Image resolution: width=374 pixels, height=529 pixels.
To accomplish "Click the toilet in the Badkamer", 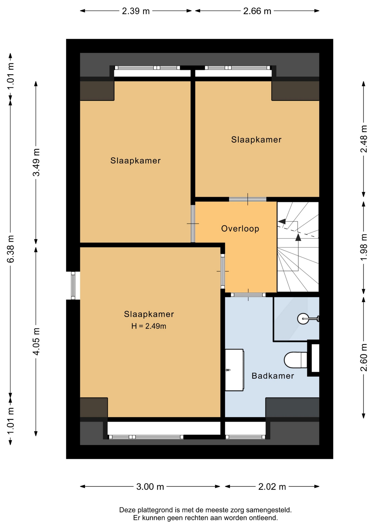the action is coord(296,360).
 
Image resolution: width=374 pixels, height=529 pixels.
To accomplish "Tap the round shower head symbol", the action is coord(303,319).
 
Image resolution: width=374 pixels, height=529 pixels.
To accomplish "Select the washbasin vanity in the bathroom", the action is coord(234,370).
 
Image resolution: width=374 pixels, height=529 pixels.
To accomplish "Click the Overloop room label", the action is coord(240,229).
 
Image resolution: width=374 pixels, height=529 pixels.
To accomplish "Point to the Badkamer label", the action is coord(273,376).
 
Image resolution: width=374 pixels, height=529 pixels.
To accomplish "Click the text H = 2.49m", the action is coord(149,326).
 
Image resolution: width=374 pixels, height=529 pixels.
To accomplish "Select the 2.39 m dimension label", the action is coord(136,11).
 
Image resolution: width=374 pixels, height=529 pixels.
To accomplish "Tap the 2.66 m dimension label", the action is coord(257,11).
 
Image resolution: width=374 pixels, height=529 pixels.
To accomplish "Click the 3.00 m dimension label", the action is coord(150,487).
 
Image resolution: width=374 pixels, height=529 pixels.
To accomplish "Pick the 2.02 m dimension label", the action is coord(272,487).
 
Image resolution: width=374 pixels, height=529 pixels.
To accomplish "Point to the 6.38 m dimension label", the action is coord(10,249).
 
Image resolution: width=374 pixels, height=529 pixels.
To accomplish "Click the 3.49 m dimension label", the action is coord(36,162).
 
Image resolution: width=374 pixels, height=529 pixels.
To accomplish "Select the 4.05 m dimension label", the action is coord(36,341).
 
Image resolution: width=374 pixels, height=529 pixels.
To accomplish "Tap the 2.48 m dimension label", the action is coord(364,139).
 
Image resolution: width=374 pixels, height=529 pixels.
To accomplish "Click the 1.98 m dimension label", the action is coord(364,247).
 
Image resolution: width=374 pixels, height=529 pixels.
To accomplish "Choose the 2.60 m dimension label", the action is coord(364,357).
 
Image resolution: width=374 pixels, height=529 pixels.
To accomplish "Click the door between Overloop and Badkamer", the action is coord(248,295).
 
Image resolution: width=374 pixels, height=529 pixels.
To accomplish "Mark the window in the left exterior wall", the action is coord(73,285).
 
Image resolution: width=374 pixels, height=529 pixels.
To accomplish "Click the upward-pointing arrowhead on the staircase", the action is coord(298,237).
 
